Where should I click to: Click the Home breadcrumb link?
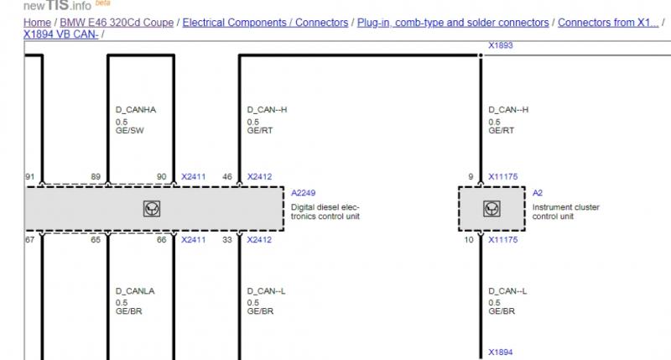37,23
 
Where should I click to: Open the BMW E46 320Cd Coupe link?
117,23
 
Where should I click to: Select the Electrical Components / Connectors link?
265,23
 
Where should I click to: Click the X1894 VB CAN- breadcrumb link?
60,34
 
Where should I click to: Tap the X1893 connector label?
500,45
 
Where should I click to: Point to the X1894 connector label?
500,352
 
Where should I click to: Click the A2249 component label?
303,193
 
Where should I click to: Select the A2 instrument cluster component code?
537,193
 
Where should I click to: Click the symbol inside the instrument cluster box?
492,209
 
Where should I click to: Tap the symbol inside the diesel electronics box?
152,209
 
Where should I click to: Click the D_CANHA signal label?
136,110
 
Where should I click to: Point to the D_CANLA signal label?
135,291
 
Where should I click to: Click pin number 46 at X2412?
227,177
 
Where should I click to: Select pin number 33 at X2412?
227,240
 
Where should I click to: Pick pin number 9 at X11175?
471,177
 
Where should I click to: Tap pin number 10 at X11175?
469,240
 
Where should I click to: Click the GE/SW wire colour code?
130,131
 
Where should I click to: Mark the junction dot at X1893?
481,55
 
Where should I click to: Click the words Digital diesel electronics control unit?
325,212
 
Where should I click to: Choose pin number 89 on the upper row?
96,177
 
